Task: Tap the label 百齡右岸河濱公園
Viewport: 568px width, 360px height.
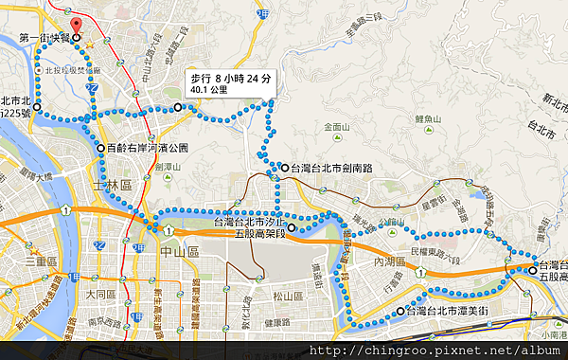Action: pyautogui.click(x=148, y=148)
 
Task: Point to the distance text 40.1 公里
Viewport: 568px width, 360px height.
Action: pyautogui.click(x=208, y=90)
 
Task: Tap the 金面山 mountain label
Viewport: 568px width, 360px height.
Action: pyautogui.click(x=336, y=126)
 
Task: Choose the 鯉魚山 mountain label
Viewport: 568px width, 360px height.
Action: pyautogui.click(x=429, y=118)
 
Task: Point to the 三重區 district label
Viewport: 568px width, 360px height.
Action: pyautogui.click(x=43, y=260)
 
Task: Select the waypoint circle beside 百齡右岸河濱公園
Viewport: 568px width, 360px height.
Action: pyautogui.click(x=100, y=148)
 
